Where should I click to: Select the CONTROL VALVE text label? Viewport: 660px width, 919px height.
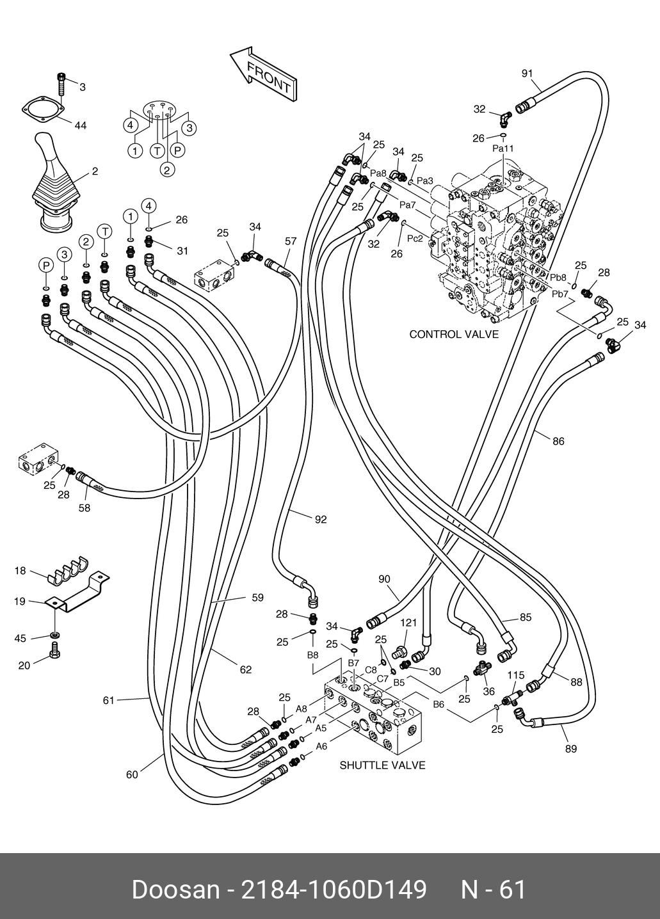point(453,334)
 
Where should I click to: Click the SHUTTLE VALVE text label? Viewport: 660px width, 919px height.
point(382,765)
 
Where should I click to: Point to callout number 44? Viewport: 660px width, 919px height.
point(80,126)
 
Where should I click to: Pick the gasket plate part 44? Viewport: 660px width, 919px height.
point(45,109)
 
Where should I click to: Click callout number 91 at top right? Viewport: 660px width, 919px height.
point(527,74)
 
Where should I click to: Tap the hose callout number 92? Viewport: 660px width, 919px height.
point(320,519)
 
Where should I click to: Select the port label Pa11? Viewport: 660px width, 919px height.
point(503,148)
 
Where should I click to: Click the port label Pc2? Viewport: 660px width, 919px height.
point(415,239)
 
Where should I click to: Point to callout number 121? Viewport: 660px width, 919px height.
point(408,623)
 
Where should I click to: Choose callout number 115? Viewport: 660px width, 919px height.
point(516,675)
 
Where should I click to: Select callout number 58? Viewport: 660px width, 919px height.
point(84,508)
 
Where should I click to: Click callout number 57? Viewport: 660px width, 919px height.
point(291,241)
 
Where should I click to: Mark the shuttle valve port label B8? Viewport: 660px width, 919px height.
point(312,655)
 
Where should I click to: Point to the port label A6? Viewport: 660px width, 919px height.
point(321,746)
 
